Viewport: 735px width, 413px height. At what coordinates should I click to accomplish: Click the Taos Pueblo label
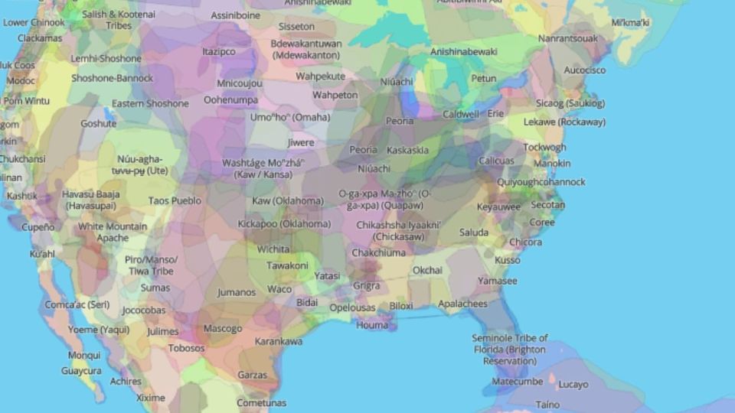point(175,200)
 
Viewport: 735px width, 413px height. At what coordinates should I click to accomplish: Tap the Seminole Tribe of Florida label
point(509,349)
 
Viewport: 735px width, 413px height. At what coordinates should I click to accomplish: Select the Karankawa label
point(279,341)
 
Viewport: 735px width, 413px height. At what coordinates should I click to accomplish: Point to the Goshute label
point(99,123)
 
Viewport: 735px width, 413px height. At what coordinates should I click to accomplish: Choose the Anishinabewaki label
point(464,52)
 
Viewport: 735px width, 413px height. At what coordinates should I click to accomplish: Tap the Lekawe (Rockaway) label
point(564,122)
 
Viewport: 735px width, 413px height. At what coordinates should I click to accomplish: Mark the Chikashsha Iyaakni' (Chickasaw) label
point(399,230)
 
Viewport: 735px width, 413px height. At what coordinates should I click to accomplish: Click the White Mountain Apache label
point(113,233)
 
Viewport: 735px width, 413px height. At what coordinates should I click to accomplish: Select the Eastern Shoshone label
point(150,103)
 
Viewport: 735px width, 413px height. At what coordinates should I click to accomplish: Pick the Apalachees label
point(462,304)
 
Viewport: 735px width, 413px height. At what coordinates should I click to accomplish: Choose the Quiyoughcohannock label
point(541,182)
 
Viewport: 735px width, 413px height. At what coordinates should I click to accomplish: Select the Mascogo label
point(223,329)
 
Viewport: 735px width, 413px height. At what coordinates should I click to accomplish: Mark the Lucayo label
point(573,385)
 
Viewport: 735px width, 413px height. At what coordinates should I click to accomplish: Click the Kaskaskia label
point(407,150)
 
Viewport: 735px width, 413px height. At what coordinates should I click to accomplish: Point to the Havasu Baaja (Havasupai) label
point(91,200)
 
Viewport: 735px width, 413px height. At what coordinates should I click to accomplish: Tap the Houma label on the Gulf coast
point(372,325)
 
